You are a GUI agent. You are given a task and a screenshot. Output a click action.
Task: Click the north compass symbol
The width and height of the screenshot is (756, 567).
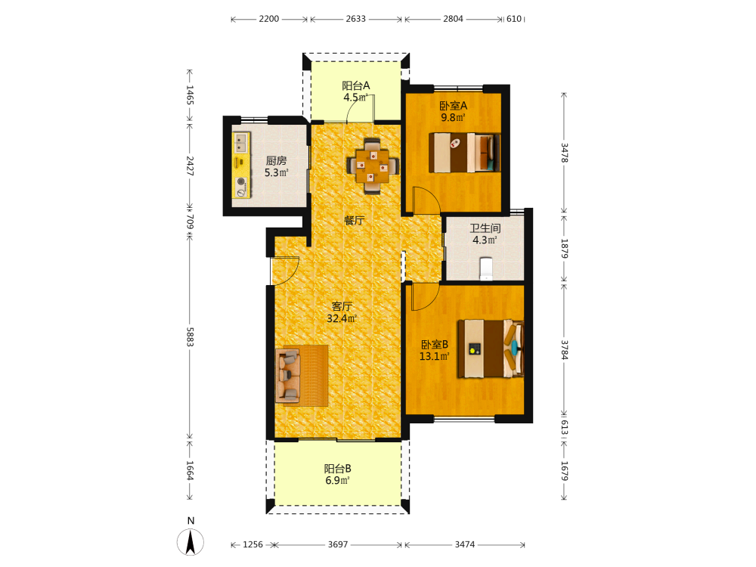tap(191, 541)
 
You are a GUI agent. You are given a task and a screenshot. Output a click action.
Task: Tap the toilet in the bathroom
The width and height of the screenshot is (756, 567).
tap(486, 268)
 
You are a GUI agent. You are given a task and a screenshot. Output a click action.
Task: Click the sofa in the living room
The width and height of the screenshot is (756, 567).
tap(288, 376)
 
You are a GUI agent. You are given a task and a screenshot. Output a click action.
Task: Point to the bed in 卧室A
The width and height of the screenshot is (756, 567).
tap(464, 153)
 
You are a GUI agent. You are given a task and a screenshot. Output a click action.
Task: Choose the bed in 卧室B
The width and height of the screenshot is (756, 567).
tap(491, 348)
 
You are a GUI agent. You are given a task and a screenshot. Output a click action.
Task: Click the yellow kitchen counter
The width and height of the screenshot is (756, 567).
tap(242, 166)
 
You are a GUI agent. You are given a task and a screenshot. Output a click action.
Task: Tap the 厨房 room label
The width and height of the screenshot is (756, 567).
tap(276, 160)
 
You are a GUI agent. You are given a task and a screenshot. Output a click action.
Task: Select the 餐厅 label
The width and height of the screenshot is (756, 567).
tap(355, 221)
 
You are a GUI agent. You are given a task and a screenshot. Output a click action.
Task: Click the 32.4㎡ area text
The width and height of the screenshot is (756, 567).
tap(342, 318)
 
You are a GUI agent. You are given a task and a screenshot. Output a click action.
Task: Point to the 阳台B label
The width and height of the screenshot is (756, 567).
tap(337, 468)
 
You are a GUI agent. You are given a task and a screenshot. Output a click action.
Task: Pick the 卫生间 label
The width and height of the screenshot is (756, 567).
tap(485, 228)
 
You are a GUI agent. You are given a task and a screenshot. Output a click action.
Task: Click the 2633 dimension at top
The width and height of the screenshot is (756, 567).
tap(356, 19)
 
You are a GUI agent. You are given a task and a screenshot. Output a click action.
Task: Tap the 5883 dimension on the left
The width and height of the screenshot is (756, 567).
tap(190, 337)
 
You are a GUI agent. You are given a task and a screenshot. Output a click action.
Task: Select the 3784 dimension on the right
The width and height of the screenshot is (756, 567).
tap(565, 350)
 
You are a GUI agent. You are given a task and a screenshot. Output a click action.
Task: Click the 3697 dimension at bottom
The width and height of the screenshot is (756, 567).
tap(337, 544)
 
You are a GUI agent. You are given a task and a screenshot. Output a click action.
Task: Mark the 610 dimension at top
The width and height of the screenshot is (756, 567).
tap(514, 19)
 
